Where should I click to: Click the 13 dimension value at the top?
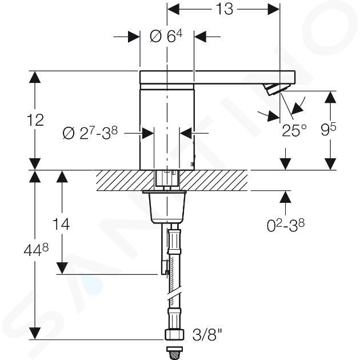click(x=225, y=9)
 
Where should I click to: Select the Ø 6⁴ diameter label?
click(x=166, y=36)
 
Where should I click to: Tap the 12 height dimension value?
click(x=35, y=121)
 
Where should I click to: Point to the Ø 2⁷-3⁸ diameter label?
click(x=90, y=133)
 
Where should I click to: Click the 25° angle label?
click(x=294, y=130)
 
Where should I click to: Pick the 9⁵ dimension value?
click(x=329, y=130)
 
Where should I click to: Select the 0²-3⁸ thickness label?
click(x=286, y=225)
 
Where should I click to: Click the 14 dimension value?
click(x=61, y=225)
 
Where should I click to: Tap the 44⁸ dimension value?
click(x=36, y=250)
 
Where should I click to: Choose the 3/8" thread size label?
click(x=207, y=335)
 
